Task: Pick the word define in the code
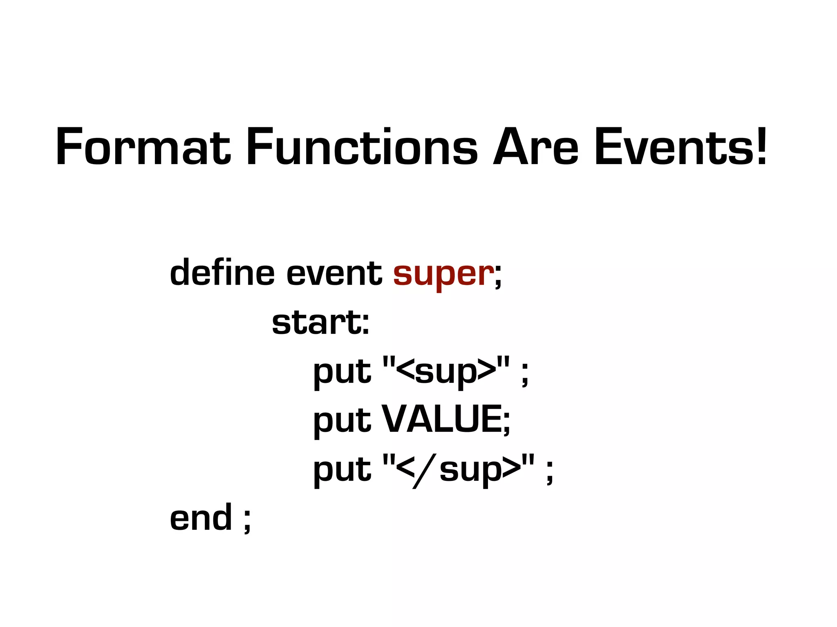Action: (x=222, y=273)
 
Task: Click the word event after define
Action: (x=334, y=273)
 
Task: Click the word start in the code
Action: (x=316, y=322)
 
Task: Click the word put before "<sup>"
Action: (x=342, y=372)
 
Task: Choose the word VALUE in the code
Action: (x=441, y=420)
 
